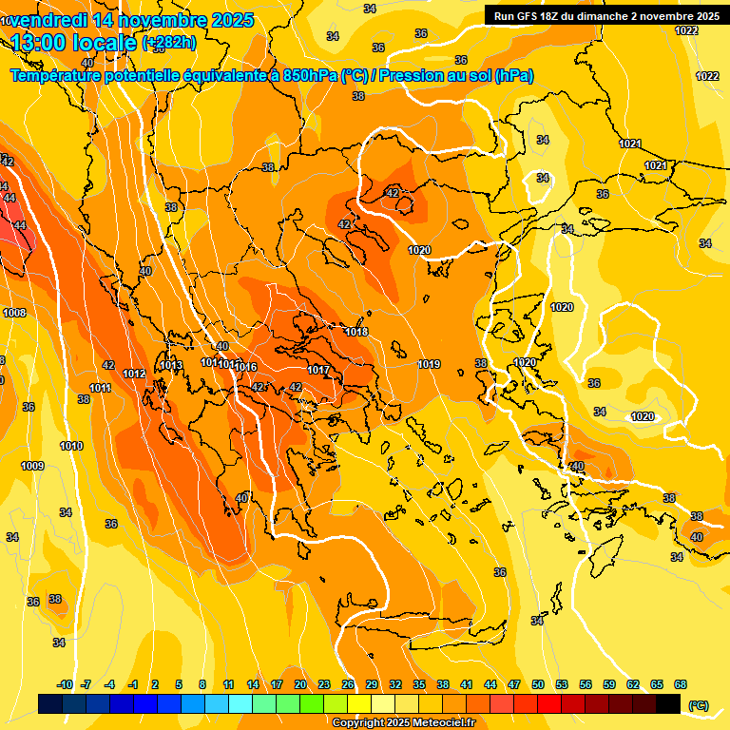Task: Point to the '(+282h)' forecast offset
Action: [169, 42]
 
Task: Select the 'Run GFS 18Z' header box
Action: [605, 16]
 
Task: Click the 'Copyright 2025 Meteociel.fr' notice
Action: [404, 722]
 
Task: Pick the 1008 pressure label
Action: [14, 313]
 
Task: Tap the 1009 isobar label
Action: [32, 466]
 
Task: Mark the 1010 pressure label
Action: [70, 446]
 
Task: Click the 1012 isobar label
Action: [134, 374]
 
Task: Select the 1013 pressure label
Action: [171, 366]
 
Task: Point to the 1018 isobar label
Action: [356, 332]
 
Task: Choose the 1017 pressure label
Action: [318, 370]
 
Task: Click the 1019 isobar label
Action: [429, 364]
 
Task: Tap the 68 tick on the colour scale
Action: [681, 684]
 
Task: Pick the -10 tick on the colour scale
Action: [65, 684]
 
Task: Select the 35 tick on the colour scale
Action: [419, 684]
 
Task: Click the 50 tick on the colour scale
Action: [538, 684]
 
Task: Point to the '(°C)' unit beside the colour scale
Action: [699, 705]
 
